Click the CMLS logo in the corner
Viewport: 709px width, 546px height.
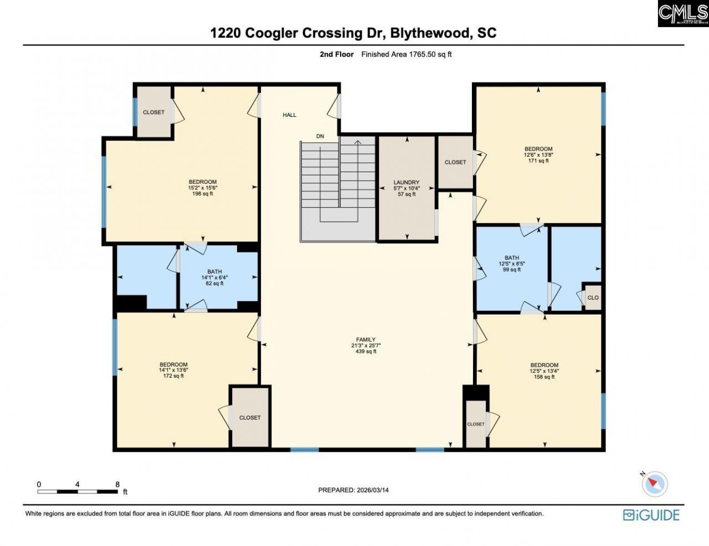click(682, 13)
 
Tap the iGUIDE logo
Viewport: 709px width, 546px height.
click(651, 515)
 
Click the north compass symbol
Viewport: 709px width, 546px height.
click(654, 483)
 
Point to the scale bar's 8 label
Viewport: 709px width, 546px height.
click(117, 484)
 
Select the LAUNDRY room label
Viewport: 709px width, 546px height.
click(407, 182)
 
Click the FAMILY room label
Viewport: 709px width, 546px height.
click(366, 339)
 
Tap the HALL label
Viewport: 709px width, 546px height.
click(289, 115)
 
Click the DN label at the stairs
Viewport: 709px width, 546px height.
click(320, 136)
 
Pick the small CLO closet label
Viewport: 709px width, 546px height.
click(593, 297)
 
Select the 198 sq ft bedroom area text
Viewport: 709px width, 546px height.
click(202, 194)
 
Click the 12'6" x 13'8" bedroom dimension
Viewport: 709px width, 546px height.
click(538, 155)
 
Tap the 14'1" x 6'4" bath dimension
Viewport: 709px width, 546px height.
click(214, 277)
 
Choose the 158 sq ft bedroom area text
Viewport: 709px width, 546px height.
click(544, 377)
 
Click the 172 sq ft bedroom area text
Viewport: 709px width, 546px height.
click(173, 376)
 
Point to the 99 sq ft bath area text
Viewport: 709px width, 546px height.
click(512, 270)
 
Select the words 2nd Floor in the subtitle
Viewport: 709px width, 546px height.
click(336, 54)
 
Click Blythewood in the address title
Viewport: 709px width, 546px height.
click(429, 33)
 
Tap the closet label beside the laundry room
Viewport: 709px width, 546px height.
click(455, 162)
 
